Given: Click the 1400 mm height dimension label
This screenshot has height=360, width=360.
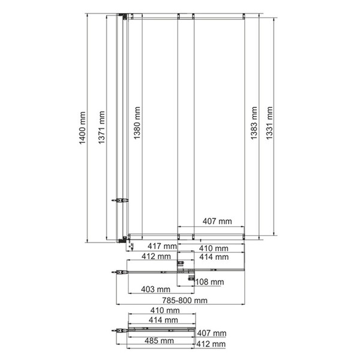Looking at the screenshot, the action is click(82, 128).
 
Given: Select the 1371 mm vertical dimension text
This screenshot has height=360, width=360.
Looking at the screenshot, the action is click(101, 127).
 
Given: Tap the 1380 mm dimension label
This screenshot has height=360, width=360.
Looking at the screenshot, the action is click(137, 123).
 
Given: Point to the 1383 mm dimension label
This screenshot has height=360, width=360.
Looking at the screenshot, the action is click(254, 123).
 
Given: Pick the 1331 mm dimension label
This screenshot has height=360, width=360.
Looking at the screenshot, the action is click(269, 123).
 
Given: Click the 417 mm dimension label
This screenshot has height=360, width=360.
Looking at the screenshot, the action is click(162, 246).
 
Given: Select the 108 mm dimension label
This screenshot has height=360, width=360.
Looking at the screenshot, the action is click(209, 282).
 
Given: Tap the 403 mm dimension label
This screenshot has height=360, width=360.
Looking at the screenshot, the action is click(155, 289).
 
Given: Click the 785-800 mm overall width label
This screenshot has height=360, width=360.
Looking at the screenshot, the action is click(185, 301).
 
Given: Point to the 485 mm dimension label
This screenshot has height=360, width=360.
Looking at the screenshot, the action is click(159, 341).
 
